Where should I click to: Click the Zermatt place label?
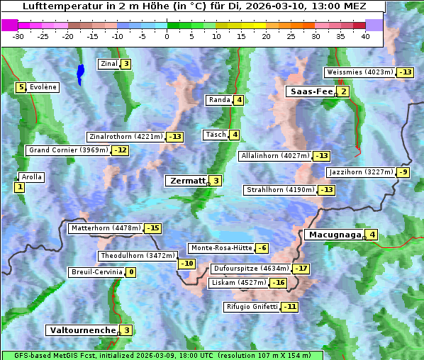[187, 181]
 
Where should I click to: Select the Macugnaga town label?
[333, 235]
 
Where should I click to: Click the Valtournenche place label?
[82, 330]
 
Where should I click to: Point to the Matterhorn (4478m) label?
[106, 228]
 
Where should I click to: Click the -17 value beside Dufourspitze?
[301, 269]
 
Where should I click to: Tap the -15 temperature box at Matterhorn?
[152, 228]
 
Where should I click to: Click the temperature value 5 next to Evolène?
[22, 87]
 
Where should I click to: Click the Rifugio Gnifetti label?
[252, 307]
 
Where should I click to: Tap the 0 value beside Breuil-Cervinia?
[130, 272]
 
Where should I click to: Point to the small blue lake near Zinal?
[80, 72]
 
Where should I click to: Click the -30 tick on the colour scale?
[18, 35]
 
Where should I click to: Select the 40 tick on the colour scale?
[366, 35]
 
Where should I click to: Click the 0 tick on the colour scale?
[167, 35]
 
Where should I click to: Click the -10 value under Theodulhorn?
[186, 264]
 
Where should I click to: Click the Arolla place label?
[32, 177]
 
